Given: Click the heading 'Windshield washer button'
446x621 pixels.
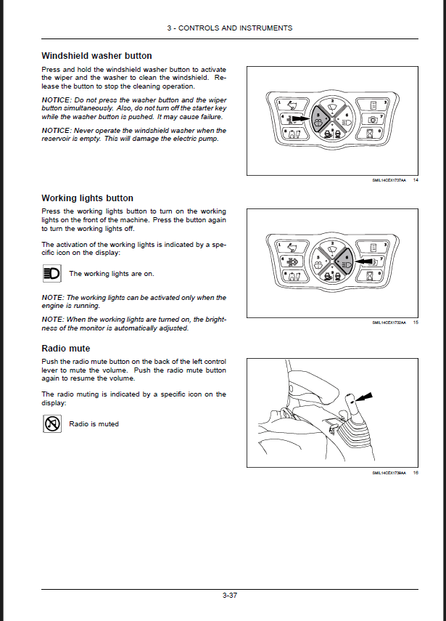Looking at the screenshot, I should (96, 55).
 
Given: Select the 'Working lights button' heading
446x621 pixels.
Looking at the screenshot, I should (87, 198).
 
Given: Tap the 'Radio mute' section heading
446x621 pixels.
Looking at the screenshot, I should (66, 349).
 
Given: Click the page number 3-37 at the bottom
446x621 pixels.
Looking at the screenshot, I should (230, 596).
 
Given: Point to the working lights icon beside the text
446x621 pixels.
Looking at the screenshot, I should (52, 274).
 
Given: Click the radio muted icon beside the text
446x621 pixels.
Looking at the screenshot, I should (52, 423).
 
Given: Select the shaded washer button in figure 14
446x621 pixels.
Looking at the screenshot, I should (321, 118).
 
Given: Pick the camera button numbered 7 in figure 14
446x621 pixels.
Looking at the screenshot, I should (372, 118).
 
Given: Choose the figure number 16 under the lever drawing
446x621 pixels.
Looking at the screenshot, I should (416, 474).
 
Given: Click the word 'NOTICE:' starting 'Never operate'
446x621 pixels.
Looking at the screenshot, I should (57, 131).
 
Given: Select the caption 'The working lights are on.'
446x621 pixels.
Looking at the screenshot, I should (111, 274).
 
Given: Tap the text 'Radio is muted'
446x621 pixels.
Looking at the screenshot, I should (94, 423).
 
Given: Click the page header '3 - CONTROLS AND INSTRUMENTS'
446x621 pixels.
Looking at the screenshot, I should (230, 28).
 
